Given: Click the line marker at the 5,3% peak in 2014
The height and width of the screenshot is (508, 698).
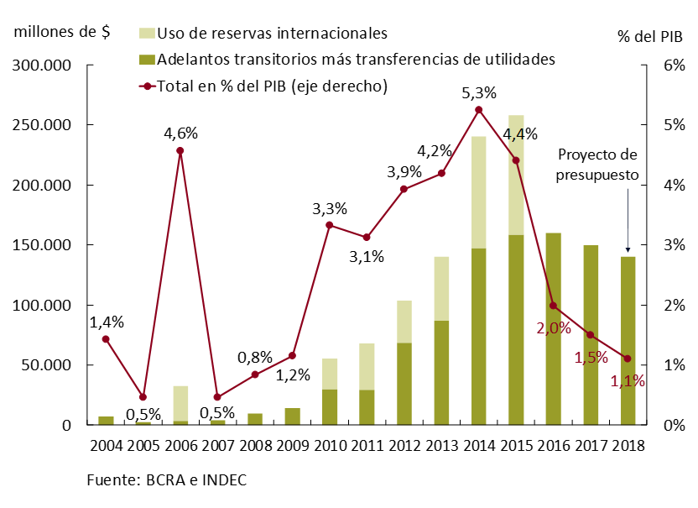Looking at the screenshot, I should point(478,110).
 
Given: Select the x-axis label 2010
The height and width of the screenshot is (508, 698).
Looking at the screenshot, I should point(329,446).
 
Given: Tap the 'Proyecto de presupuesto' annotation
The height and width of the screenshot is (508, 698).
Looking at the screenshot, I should point(597,165).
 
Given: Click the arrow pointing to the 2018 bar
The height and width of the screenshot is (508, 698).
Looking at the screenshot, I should point(628,227).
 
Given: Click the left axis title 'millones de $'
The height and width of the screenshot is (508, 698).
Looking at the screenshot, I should point(61,33).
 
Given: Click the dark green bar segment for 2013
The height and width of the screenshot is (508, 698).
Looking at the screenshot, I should point(442,373).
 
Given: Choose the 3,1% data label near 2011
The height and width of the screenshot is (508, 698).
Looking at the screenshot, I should point(367,257).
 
